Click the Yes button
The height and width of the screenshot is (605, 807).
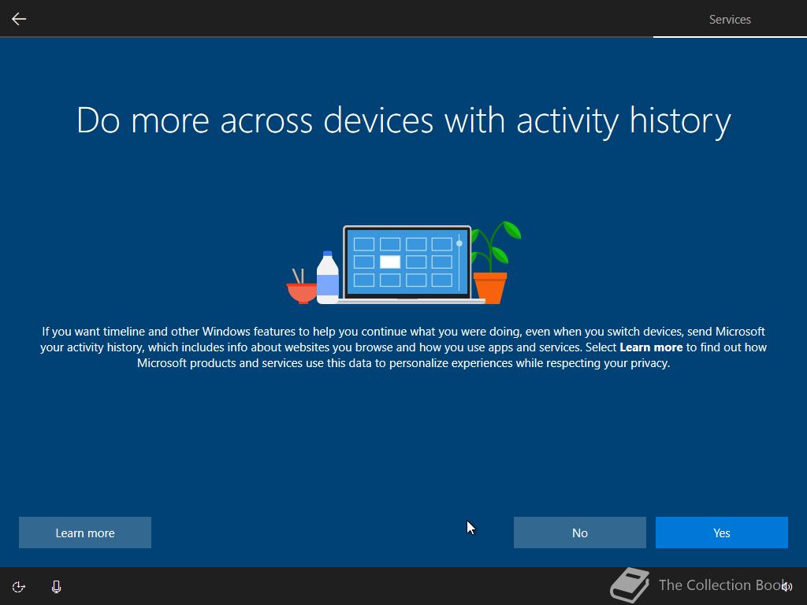(722, 533)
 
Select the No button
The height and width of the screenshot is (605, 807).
(579, 533)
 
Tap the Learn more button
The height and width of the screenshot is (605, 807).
(85, 533)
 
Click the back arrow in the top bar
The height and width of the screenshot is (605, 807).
(19, 19)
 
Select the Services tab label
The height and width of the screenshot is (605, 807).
(730, 20)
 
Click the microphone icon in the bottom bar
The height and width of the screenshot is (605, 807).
(57, 586)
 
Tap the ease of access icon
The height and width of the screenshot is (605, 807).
(19, 586)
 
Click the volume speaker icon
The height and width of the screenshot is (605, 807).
(787, 586)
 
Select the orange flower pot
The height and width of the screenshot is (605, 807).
(490, 288)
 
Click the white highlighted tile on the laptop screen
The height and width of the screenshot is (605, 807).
(389, 262)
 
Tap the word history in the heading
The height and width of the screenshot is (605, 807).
(680, 121)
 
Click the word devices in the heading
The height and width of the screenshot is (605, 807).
(377, 121)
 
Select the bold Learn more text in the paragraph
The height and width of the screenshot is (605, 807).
(651, 347)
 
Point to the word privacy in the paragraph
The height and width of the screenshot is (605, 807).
(650, 363)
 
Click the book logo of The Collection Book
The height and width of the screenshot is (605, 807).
(630, 585)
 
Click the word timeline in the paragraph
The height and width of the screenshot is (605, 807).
(124, 332)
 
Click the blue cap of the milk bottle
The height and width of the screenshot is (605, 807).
(327, 254)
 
